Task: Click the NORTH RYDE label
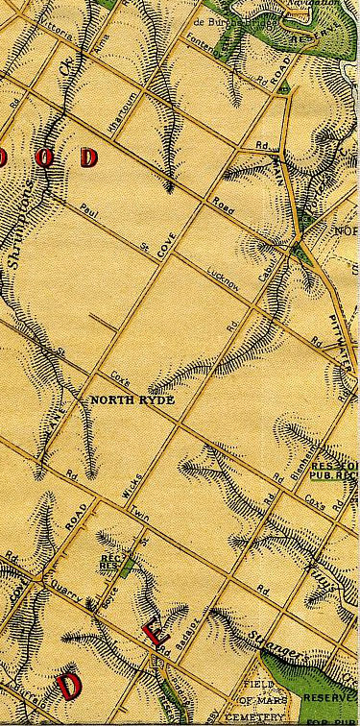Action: [x=133, y=399]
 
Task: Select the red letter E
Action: [x=152, y=631]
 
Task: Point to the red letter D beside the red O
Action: [x=89, y=157]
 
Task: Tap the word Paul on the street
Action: [x=90, y=211]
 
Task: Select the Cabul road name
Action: [x=268, y=274]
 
